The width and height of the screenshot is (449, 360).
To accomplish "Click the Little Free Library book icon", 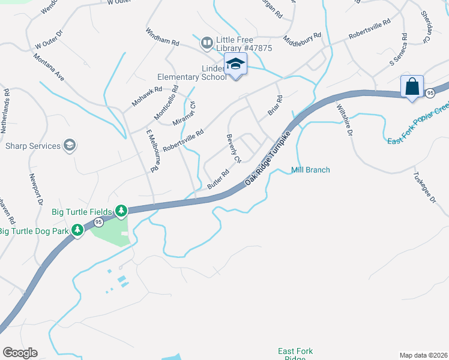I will pyautogui.click(x=207, y=42).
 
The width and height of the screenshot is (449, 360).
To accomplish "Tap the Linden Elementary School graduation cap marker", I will pyautogui.click(x=235, y=64).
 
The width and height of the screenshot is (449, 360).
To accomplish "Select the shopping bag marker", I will pyautogui.click(x=412, y=86).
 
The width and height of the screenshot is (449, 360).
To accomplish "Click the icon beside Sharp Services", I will pyautogui.click(x=70, y=145).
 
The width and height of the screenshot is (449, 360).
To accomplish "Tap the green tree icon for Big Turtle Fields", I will pyautogui.click(x=121, y=210).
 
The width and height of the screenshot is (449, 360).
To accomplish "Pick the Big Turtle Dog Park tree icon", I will pyautogui.click(x=77, y=230).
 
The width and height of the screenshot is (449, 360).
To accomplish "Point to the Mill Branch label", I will pyautogui.click(x=310, y=170).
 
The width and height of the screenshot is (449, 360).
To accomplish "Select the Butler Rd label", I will pyautogui.click(x=218, y=179).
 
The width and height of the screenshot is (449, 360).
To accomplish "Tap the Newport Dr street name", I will pyautogui.click(x=36, y=190).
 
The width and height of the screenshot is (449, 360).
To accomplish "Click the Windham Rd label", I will pyautogui.click(x=162, y=36).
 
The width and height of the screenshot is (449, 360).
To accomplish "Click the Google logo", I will pyautogui.click(x=20, y=353).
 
